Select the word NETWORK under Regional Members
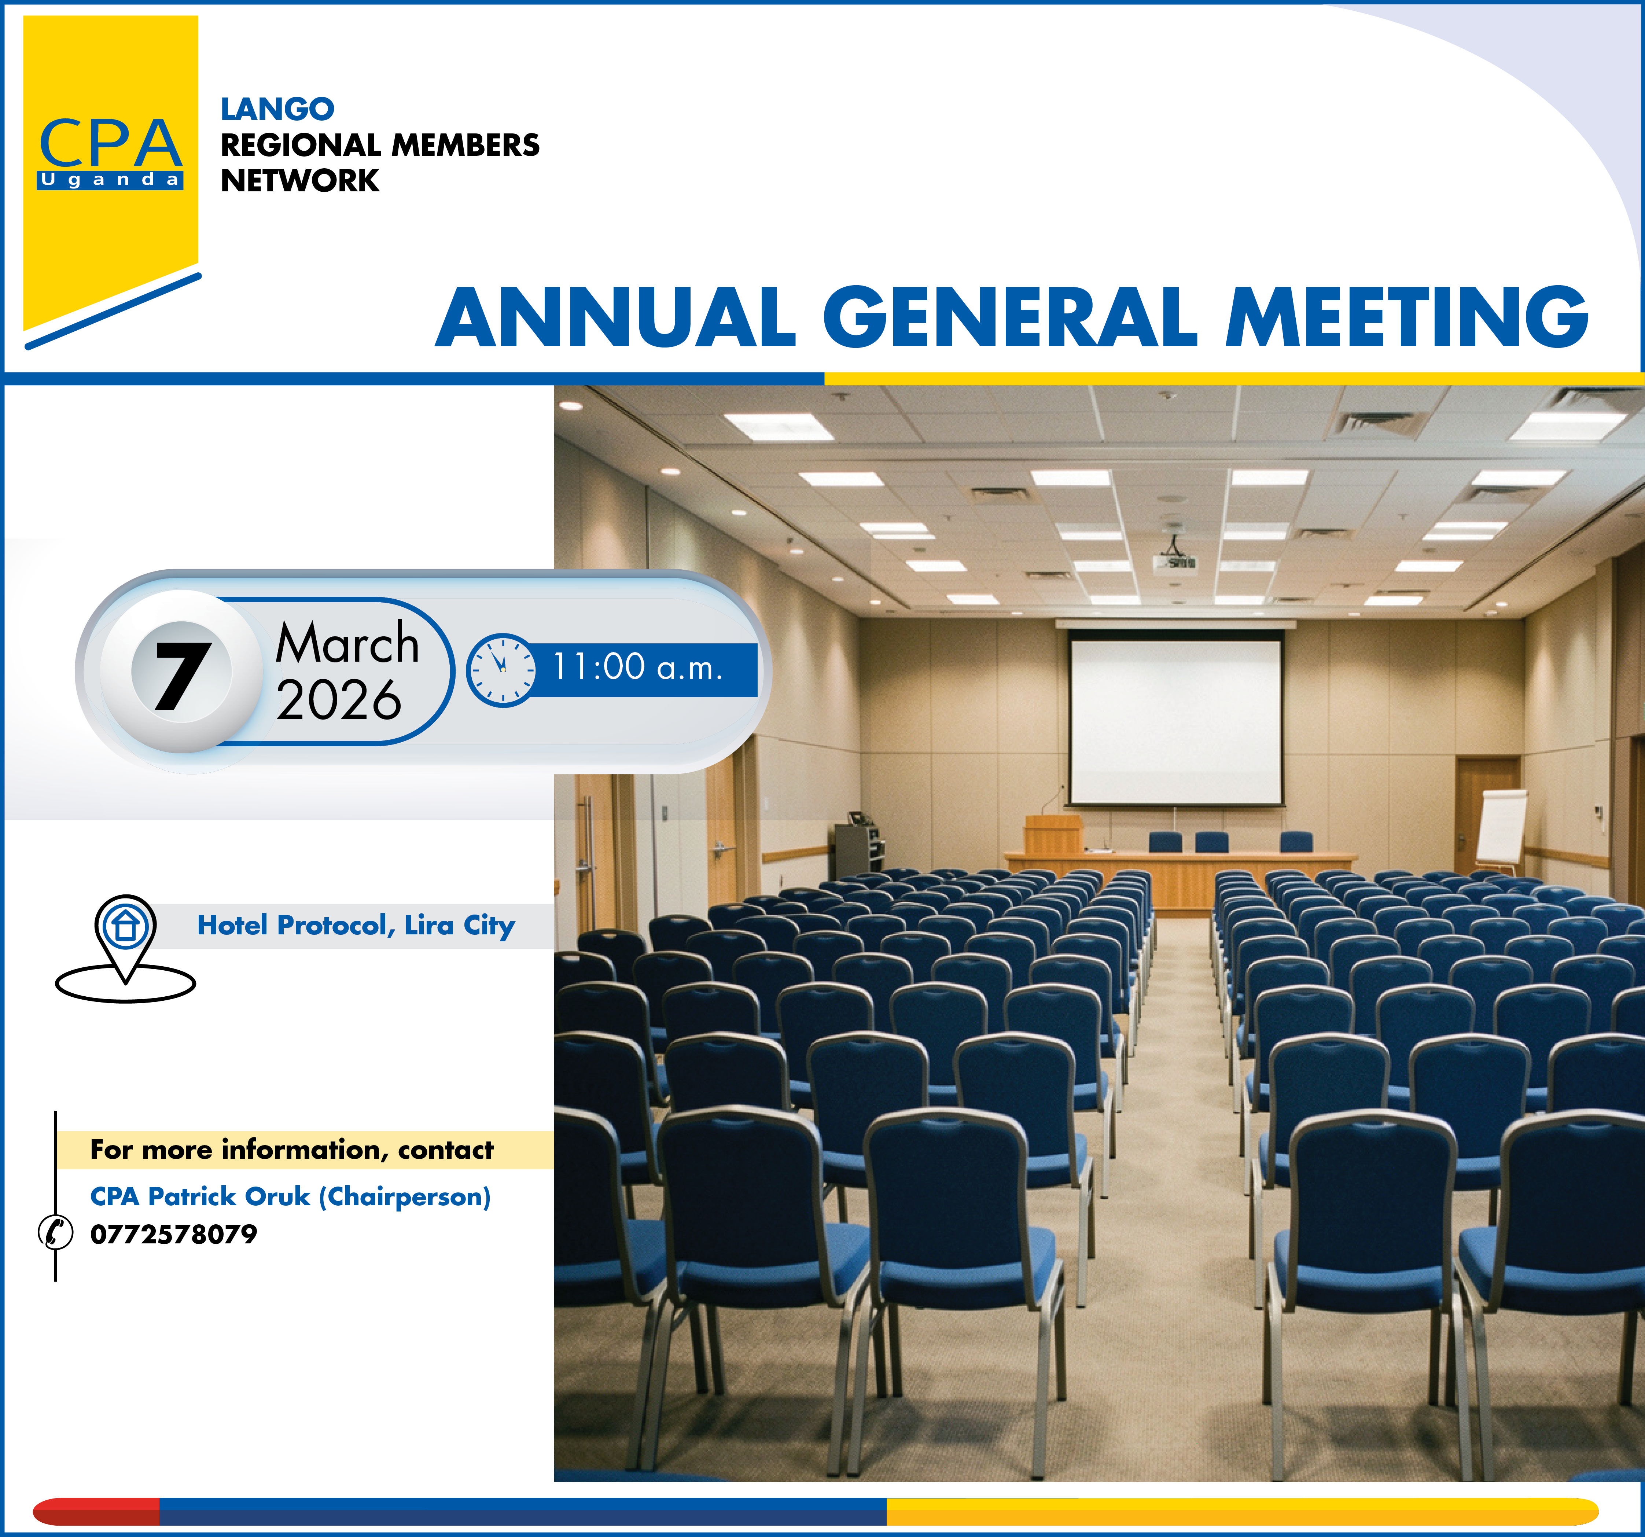point(299,180)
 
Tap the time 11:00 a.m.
point(637,667)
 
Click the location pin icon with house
point(125,949)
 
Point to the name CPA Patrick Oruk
point(200,1197)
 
